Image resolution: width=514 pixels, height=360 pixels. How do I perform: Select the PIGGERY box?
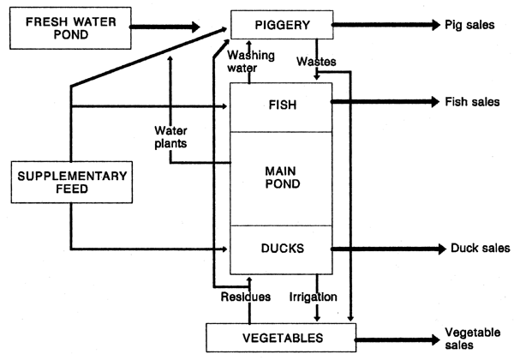[280, 25]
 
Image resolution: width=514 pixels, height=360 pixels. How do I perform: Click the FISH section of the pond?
[280, 106]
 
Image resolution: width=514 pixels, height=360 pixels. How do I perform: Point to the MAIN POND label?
[280, 177]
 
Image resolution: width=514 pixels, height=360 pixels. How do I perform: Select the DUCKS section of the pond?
[280, 249]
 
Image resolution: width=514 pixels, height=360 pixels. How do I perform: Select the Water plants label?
[170, 136]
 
